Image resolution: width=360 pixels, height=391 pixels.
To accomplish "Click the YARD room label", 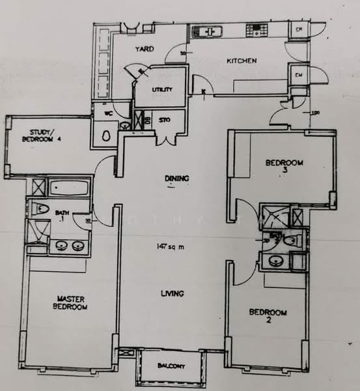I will (x=144, y=49).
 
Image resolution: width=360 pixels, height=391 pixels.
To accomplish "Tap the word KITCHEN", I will (x=241, y=61).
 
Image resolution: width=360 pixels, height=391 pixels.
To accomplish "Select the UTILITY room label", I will (x=162, y=89).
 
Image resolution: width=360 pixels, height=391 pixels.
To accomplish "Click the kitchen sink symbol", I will (x=207, y=31).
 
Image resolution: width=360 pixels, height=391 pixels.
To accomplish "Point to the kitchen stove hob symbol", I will (x=255, y=31).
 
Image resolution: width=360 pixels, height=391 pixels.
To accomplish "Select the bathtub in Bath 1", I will (x=69, y=189).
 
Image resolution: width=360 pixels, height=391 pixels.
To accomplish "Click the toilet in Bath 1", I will (x=40, y=210).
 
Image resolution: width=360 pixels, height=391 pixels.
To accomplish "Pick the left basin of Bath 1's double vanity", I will (x=62, y=246).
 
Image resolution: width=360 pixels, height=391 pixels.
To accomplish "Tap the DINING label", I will (x=173, y=177).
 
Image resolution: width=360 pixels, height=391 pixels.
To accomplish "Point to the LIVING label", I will (x=173, y=293).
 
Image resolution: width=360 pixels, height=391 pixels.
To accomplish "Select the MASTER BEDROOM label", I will (x=70, y=303).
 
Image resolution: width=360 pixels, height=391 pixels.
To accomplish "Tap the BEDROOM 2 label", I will (x=268, y=316).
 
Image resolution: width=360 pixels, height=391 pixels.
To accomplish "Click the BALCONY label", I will (x=171, y=366).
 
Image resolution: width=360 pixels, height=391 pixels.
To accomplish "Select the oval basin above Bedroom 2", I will (x=275, y=263).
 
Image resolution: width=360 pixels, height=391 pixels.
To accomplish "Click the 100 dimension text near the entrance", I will (x=316, y=113).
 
